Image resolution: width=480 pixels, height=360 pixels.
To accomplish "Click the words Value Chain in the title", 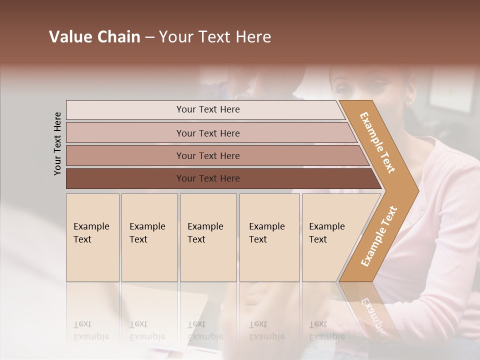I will [x=94, y=37].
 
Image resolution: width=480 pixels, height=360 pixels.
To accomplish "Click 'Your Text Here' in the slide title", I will [x=215, y=37].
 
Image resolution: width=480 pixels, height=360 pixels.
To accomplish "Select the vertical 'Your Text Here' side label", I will [x=57, y=143].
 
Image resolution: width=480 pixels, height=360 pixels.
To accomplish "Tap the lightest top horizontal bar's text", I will [x=208, y=109].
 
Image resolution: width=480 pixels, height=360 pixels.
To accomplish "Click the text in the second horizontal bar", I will [x=208, y=133].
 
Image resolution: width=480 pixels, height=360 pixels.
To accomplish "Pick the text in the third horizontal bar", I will [x=208, y=156].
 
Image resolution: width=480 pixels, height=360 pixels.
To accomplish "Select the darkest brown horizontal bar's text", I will [x=208, y=178].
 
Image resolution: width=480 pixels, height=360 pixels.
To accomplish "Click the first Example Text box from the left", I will [x=91, y=233].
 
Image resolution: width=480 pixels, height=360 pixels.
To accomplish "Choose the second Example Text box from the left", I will [x=147, y=233].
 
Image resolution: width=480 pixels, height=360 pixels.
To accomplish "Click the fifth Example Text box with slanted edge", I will [x=327, y=233].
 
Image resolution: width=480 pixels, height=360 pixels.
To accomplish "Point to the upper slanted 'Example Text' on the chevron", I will [x=377, y=142].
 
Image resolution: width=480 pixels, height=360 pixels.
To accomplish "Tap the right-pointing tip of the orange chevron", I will [x=416, y=190].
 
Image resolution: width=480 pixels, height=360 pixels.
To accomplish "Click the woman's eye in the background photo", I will [x=343, y=89].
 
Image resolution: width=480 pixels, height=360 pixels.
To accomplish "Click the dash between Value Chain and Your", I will [x=149, y=37].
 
